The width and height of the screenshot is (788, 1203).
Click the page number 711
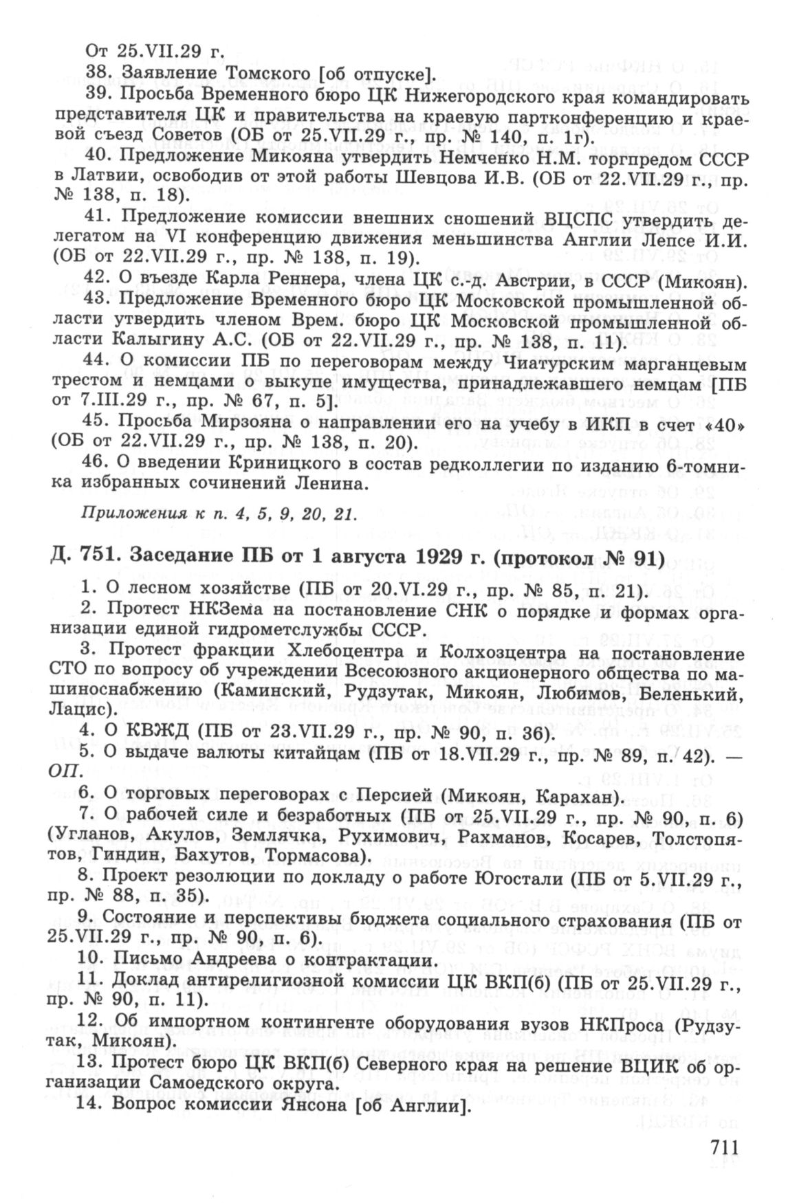(714, 1149)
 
